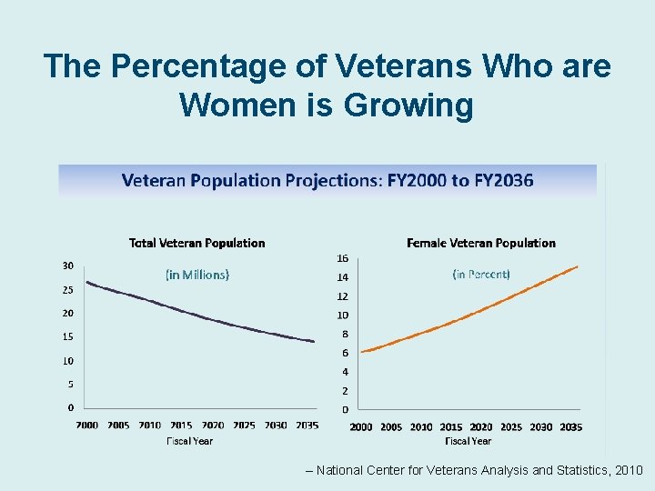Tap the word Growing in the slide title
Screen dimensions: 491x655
click(408, 105)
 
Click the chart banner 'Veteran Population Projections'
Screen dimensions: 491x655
click(327, 180)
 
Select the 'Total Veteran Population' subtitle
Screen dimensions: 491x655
click(196, 243)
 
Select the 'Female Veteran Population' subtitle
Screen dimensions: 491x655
click(480, 243)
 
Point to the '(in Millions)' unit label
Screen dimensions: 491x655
click(196, 274)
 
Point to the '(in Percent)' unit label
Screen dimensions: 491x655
click(481, 274)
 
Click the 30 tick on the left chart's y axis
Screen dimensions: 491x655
click(68, 266)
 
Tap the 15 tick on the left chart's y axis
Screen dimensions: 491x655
click(68, 336)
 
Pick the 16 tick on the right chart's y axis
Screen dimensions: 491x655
click(343, 258)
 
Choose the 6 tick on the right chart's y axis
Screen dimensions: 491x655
click(345, 353)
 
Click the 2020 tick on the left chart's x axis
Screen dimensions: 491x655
click(212, 426)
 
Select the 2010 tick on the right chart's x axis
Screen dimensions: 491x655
click(421, 426)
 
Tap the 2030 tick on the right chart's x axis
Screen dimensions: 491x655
click(540, 426)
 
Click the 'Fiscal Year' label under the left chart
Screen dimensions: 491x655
click(189, 441)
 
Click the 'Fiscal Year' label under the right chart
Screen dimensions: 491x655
click(468, 441)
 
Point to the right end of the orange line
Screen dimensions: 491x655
click(578, 266)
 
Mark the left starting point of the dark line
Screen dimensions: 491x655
click(86, 282)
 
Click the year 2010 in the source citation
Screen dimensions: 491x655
click(628, 470)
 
